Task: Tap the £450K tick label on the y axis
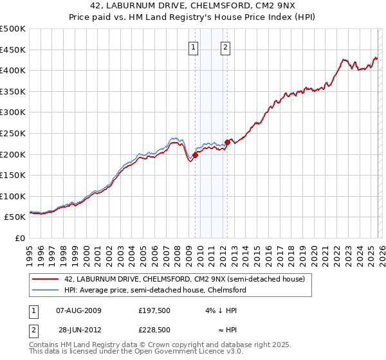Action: (14, 50)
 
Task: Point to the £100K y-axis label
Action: (14, 196)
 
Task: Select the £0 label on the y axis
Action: (19, 238)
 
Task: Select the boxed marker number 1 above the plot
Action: (194, 46)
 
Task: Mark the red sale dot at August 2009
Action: (195, 154)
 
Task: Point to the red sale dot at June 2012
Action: (227, 141)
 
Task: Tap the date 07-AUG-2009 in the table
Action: (75, 310)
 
